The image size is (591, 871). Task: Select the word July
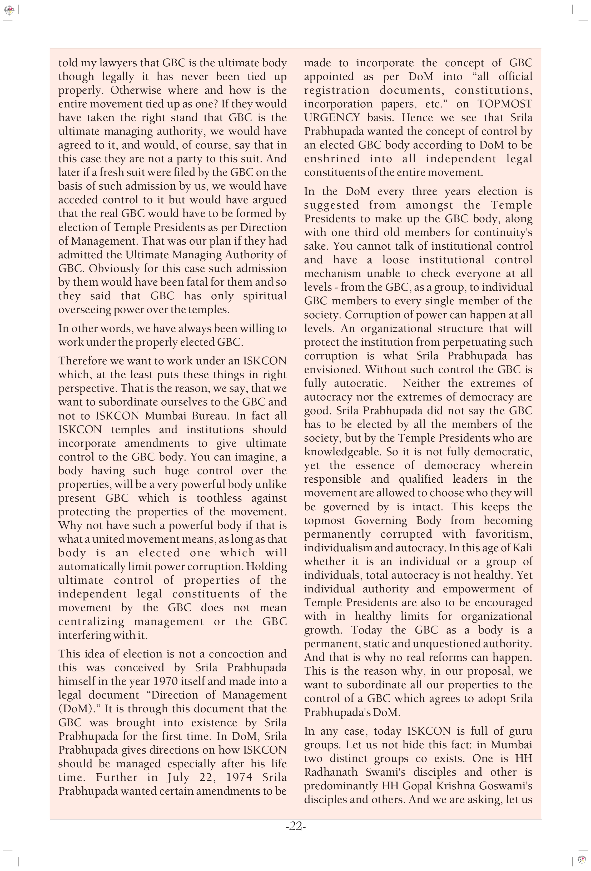point(178,777)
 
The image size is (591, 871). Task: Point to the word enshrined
point(332,159)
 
